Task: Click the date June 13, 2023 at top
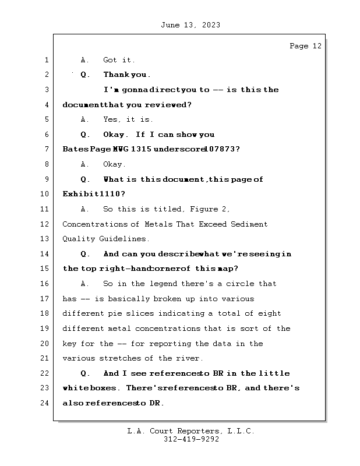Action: tap(189, 25)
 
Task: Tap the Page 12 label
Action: tap(305, 46)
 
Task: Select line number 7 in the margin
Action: tap(46, 149)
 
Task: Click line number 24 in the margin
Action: tap(44, 403)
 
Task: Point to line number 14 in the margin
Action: tap(44, 254)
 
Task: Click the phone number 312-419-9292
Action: tap(191, 440)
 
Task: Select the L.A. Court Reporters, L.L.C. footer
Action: tap(190, 431)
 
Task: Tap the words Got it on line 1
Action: tap(119, 60)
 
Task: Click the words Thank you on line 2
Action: tap(126, 75)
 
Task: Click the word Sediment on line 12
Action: tap(248, 224)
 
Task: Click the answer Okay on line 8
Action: tap(114, 164)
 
